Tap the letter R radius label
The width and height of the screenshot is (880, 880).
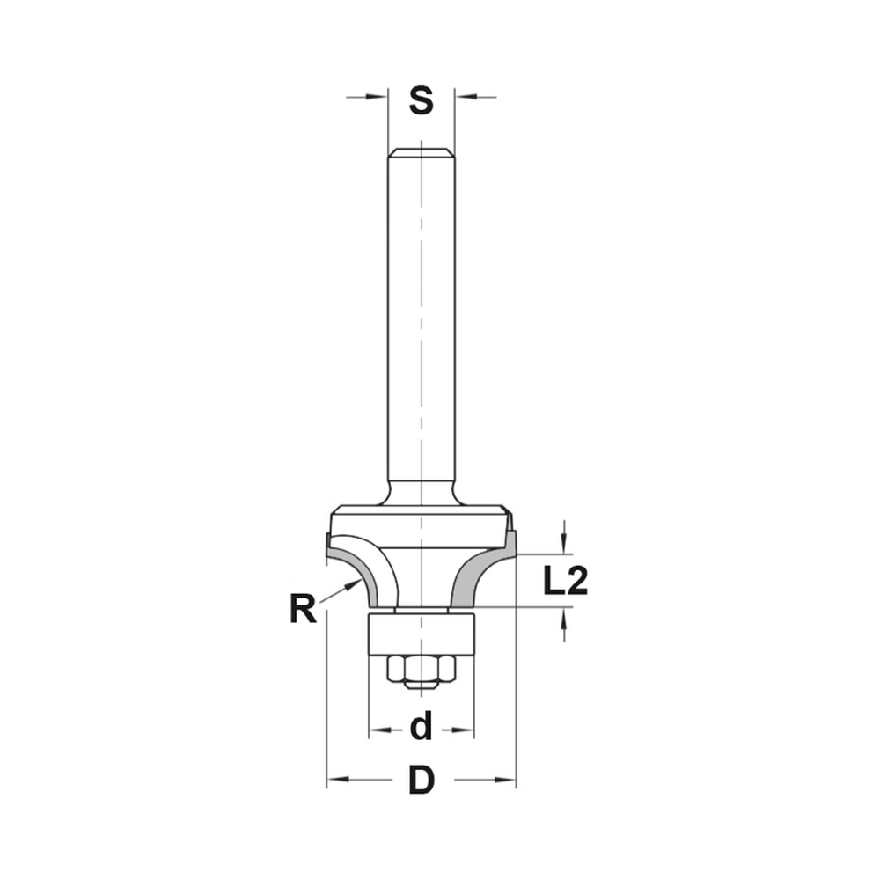[303, 609]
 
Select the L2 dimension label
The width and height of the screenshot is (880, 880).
[564, 582]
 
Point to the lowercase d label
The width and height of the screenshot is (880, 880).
[422, 728]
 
